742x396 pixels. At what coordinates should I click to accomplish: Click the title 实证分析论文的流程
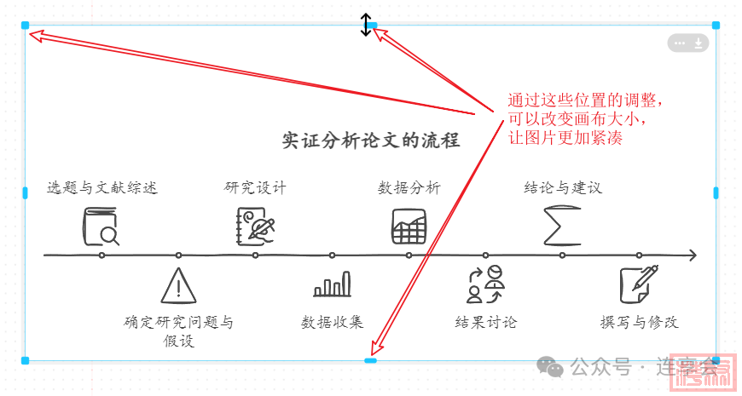point(371,141)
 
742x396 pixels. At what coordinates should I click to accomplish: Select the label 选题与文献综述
point(102,187)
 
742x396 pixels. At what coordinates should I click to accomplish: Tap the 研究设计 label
point(256,187)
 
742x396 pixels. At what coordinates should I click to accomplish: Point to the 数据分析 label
point(409,187)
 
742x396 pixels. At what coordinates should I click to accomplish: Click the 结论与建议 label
point(563,187)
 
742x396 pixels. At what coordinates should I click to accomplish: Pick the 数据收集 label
point(333,322)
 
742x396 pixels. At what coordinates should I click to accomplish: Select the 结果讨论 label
point(486,322)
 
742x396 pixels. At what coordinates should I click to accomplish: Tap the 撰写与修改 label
point(640,322)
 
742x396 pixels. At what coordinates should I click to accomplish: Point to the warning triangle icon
point(178,285)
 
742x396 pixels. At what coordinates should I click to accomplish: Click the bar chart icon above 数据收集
point(333,284)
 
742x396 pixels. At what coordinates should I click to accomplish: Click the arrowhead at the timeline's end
point(692,255)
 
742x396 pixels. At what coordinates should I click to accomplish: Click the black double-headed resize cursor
point(366,25)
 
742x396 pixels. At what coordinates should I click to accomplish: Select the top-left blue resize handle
point(26,26)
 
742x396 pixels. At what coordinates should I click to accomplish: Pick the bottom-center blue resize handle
point(370,361)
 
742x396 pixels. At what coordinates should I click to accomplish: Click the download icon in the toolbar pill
point(699,43)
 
